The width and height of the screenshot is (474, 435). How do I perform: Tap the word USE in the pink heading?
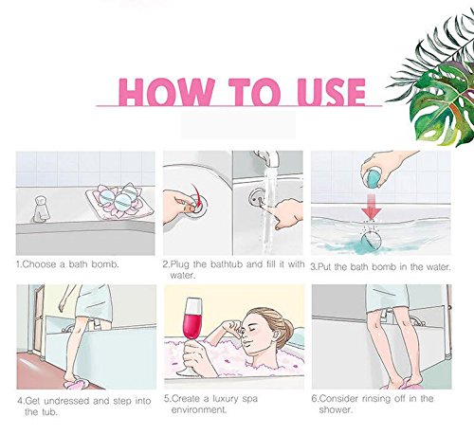332,92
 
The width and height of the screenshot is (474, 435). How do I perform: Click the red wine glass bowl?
192,317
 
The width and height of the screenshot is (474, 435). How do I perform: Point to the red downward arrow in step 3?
371,207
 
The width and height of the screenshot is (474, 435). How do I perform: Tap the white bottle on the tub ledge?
42,208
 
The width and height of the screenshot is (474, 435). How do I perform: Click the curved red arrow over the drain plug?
198,195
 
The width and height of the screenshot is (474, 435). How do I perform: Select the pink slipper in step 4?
76,383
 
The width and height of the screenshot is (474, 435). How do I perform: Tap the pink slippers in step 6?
401,386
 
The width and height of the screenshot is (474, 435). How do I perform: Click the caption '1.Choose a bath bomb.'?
67,264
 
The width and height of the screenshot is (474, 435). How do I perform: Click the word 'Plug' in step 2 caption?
180,264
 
